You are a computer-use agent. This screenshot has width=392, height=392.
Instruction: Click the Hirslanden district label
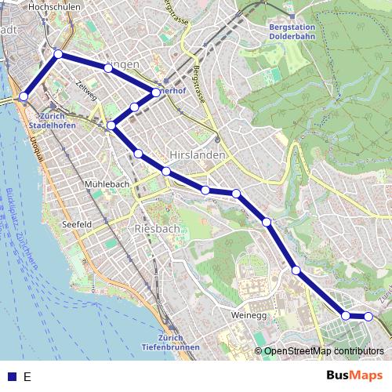point(198,155)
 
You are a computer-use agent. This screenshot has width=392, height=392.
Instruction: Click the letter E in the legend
point(27,376)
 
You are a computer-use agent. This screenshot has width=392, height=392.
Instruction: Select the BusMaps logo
point(355,376)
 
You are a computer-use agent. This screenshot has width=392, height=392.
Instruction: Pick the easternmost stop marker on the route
point(368,317)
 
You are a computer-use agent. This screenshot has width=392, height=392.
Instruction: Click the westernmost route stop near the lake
point(24,96)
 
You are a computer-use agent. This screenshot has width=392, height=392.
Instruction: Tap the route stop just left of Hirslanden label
point(166,171)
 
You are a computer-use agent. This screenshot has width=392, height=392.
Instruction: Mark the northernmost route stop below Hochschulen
point(58,54)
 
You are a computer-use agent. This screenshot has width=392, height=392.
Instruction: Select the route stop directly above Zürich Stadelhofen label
point(24,96)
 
